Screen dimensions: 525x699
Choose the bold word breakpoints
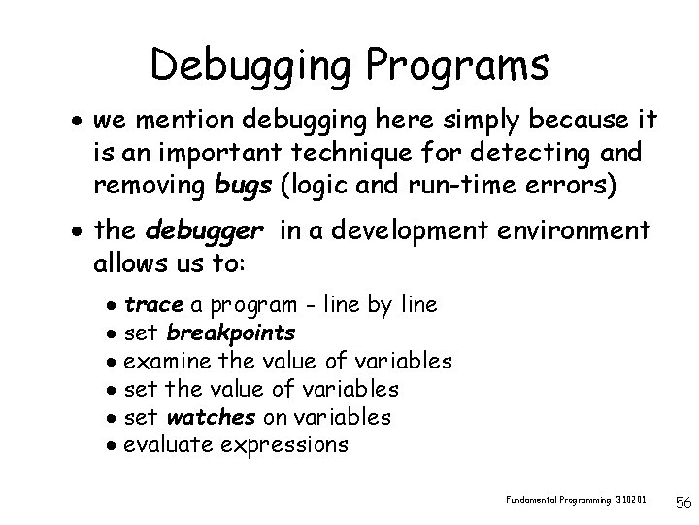click(231, 333)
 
